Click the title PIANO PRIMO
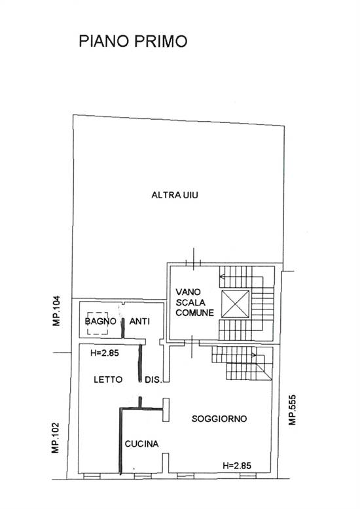tap(133, 41)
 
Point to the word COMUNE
tap(194, 313)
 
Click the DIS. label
tap(153, 380)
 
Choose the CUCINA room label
tap(142, 444)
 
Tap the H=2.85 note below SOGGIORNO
tap(236, 465)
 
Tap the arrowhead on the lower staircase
tap(255, 355)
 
